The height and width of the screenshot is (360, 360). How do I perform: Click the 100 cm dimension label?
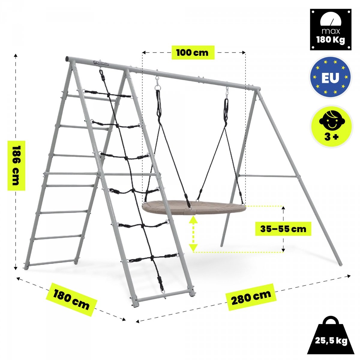click(x=193, y=52)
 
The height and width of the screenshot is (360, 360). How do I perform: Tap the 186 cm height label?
click(x=16, y=166)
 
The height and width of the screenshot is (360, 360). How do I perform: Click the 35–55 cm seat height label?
click(x=283, y=229)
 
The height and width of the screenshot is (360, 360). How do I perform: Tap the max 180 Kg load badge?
click(x=331, y=30)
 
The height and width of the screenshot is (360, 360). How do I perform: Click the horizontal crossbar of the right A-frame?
click(x=268, y=175)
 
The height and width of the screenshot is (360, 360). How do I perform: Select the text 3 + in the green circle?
click(x=331, y=137)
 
